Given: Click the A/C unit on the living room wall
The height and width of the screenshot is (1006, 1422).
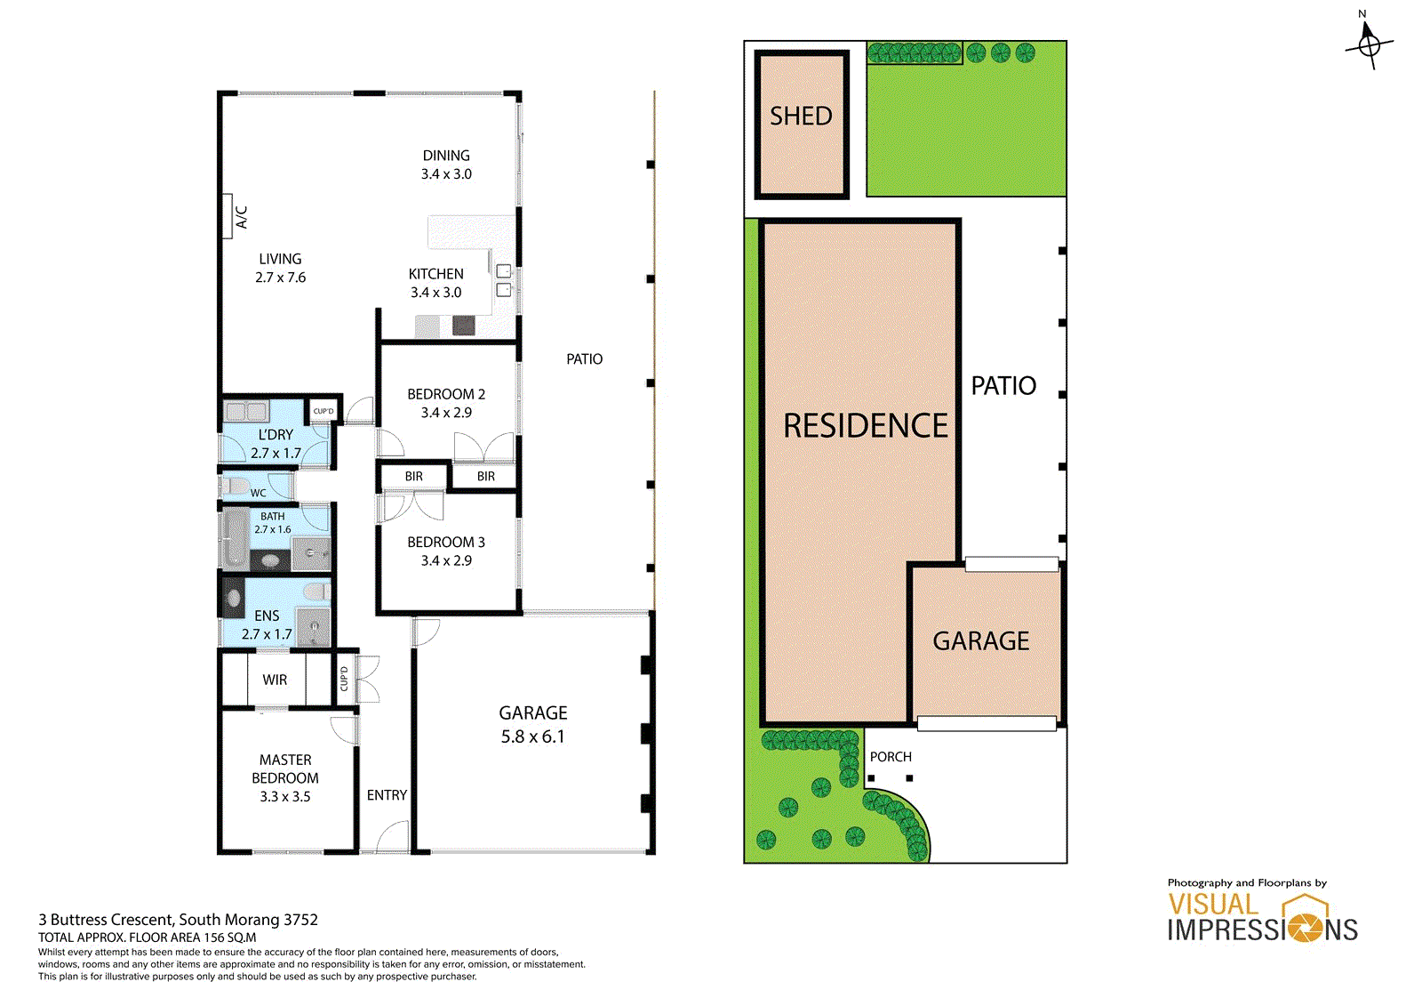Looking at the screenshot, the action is (228, 216).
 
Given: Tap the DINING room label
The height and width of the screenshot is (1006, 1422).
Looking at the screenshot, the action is (446, 156).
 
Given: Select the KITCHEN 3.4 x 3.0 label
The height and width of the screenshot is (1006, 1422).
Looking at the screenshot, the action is (436, 283).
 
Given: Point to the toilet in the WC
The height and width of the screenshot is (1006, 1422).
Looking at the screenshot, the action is (236, 487).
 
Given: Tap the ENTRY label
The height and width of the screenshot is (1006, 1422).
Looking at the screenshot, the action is (387, 795).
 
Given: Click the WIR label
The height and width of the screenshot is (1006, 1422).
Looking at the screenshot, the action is (275, 680).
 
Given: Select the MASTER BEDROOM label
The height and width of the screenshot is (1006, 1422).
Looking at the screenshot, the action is (285, 769).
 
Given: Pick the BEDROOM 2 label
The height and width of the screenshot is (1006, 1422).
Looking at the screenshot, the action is (446, 394).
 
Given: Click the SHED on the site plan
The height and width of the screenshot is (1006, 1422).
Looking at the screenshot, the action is (801, 125).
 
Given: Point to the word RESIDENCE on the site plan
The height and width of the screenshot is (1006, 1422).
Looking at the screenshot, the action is (866, 426).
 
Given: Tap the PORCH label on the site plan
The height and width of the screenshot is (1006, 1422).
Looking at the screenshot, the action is (891, 757).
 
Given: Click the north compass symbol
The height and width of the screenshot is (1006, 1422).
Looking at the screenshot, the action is (1370, 45).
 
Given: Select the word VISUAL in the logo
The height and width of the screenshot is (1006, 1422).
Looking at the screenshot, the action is (1213, 905).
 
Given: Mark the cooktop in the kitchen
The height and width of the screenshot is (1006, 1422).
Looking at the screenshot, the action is (463, 326).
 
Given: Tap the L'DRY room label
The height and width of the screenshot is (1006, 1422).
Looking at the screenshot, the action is (276, 435).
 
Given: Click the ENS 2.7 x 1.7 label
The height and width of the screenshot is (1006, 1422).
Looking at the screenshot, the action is (267, 624).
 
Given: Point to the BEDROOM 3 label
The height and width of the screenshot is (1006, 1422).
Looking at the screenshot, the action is (446, 542).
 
